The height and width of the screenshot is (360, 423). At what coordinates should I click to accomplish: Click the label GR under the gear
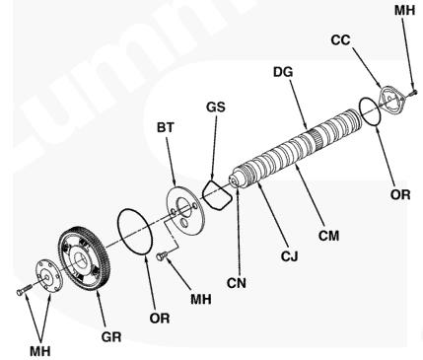111,336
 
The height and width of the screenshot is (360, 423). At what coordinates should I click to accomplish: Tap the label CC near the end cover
340,40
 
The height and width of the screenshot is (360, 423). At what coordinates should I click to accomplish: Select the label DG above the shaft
283,72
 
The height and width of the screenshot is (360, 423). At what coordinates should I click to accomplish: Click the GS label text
216,107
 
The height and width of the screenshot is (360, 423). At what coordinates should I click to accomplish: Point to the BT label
165,127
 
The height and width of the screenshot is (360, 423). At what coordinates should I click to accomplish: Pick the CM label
328,236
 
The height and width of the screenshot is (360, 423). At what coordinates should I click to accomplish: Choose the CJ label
289,255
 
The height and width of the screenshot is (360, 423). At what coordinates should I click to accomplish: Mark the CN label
237,283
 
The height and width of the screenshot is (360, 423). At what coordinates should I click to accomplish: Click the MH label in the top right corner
405,10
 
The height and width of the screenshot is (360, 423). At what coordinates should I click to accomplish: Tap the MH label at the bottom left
40,351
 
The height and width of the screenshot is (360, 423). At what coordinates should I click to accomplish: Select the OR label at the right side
400,194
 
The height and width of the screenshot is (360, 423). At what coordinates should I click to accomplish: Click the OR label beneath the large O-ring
160,318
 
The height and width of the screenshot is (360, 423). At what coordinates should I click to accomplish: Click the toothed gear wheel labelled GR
85,258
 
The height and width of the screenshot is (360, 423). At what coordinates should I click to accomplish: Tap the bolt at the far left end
24,289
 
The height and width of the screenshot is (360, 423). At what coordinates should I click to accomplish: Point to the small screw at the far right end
413,93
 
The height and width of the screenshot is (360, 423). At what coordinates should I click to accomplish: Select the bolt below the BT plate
163,255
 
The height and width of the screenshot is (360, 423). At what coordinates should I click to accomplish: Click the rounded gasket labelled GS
217,195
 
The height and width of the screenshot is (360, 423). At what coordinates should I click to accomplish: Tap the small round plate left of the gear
48,275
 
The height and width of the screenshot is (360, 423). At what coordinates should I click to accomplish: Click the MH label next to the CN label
201,299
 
